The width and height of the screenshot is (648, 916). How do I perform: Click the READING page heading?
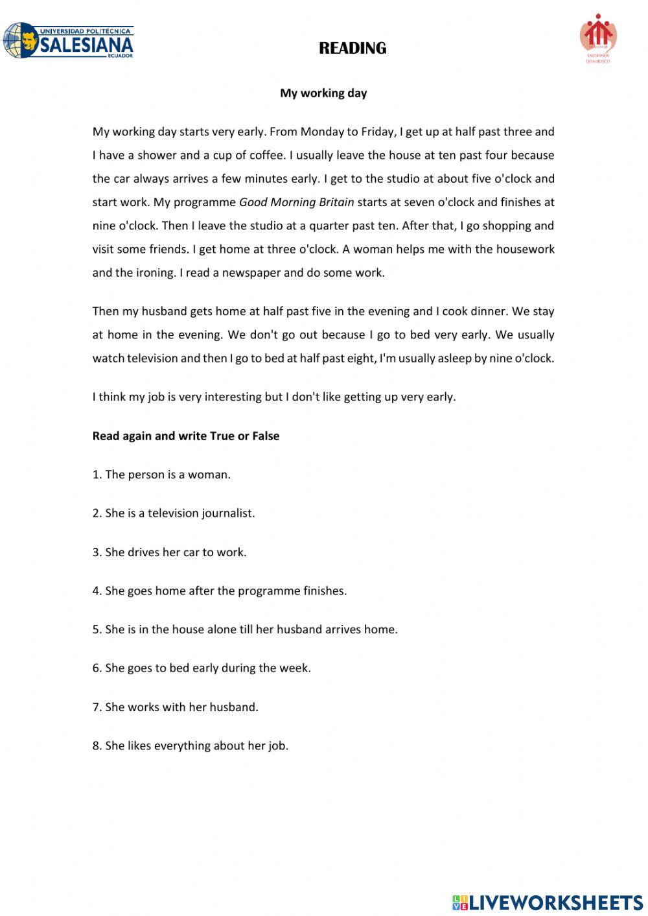[x=353, y=48]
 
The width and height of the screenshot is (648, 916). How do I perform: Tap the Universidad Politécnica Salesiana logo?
[x=69, y=41]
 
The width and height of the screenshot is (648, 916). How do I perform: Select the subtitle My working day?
[x=323, y=93]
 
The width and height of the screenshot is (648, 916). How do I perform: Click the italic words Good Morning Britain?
[x=296, y=202]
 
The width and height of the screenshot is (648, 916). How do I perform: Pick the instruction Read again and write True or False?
[x=185, y=436]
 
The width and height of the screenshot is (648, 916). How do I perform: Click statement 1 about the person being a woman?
[x=161, y=475]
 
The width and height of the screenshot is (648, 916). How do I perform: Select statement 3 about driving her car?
[x=169, y=552]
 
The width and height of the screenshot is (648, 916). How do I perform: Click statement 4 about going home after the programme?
[x=219, y=591]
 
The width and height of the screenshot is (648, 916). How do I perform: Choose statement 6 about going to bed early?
[x=202, y=668]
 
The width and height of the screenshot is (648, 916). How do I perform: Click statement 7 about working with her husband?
[x=175, y=707]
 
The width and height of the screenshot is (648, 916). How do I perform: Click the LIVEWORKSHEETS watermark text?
[x=555, y=902]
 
